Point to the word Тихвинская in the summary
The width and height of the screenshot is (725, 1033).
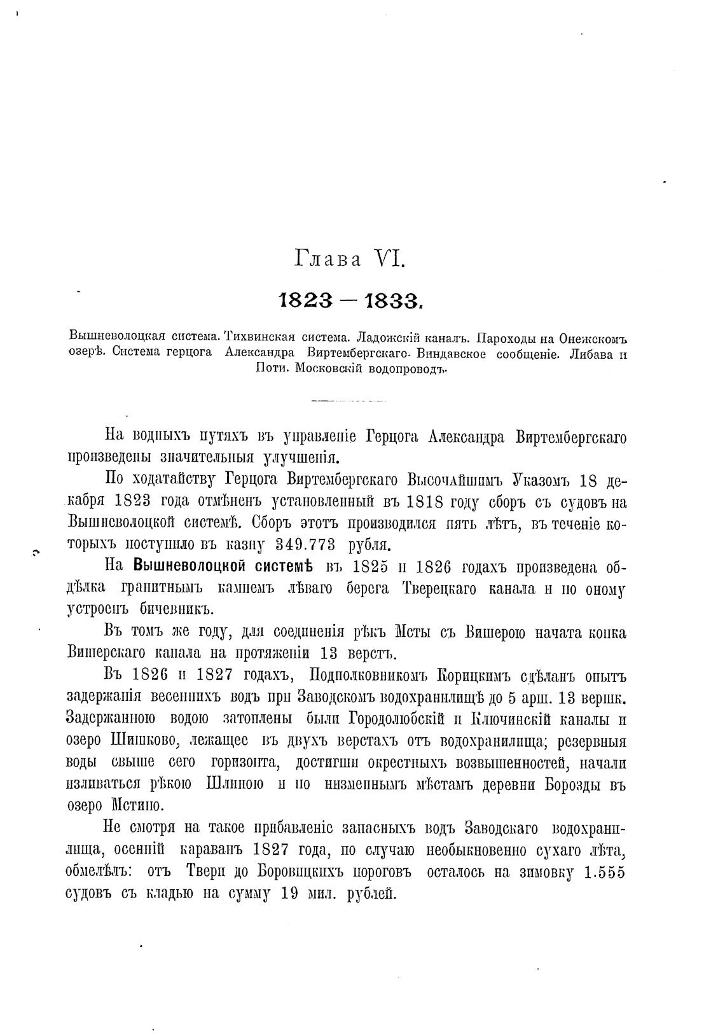(x=259, y=336)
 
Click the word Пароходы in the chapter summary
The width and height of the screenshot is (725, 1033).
(x=507, y=336)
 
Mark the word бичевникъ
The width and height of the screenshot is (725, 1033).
(x=174, y=609)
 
